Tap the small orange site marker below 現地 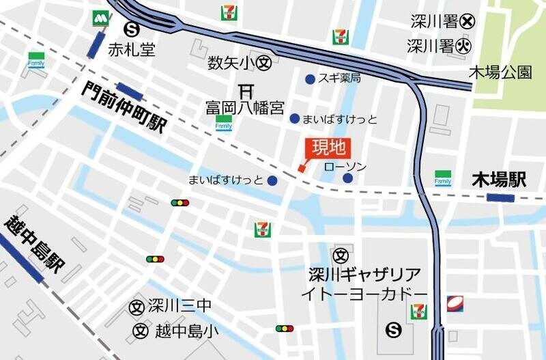point(301,168)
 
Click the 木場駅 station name point(500,180)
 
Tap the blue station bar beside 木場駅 point(500,198)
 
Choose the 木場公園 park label point(500,72)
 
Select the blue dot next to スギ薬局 point(311,79)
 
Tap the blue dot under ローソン point(347,178)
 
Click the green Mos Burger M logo point(102,18)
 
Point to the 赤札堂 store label point(132,49)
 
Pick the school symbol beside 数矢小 point(265,64)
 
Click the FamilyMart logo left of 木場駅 point(443,178)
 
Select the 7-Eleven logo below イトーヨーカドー point(418,311)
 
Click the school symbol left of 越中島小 point(140,331)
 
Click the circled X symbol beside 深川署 point(467,21)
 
